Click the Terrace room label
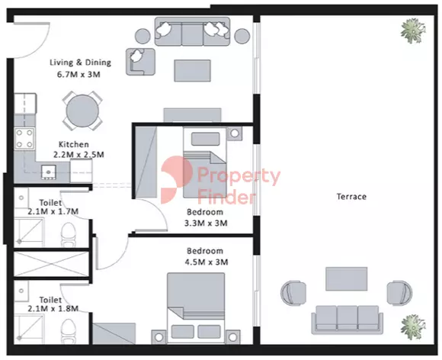coord(351,196)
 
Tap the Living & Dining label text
coord(80,63)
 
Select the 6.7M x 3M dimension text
coord(78,75)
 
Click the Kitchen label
coord(74,144)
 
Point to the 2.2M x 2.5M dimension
coord(78,155)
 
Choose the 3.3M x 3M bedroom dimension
coord(206,223)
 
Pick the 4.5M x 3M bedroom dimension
coord(207,262)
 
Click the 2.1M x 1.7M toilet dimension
coord(53,211)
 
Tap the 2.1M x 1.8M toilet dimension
coord(53,309)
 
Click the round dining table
coord(82,111)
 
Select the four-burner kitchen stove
coord(24,139)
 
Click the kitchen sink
coord(49,172)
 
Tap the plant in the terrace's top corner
coord(413,31)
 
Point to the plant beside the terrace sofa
coord(413,327)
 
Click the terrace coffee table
coord(347,279)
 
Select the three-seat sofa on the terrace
coord(347,320)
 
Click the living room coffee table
coord(192,71)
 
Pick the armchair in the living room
coord(140,62)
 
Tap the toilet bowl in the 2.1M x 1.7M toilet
coord(69,235)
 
